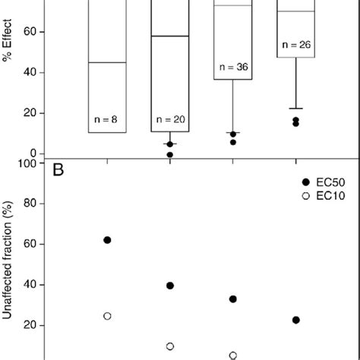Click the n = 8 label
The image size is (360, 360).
click(x=107, y=119)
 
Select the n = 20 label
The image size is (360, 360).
click(x=170, y=119)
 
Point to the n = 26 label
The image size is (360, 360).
click(x=295, y=44)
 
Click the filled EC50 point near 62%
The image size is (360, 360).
click(x=107, y=240)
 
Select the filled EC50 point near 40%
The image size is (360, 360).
click(x=170, y=286)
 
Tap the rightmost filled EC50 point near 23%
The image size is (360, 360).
click(x=295, y=321)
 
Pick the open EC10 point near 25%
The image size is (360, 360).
click(x=107, y=316)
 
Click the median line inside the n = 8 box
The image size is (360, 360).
click(x=107, y=62)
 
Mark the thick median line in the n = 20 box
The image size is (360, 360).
click(x=170, y=36)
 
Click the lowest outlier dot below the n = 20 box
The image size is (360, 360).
click(x=170, y=154)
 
